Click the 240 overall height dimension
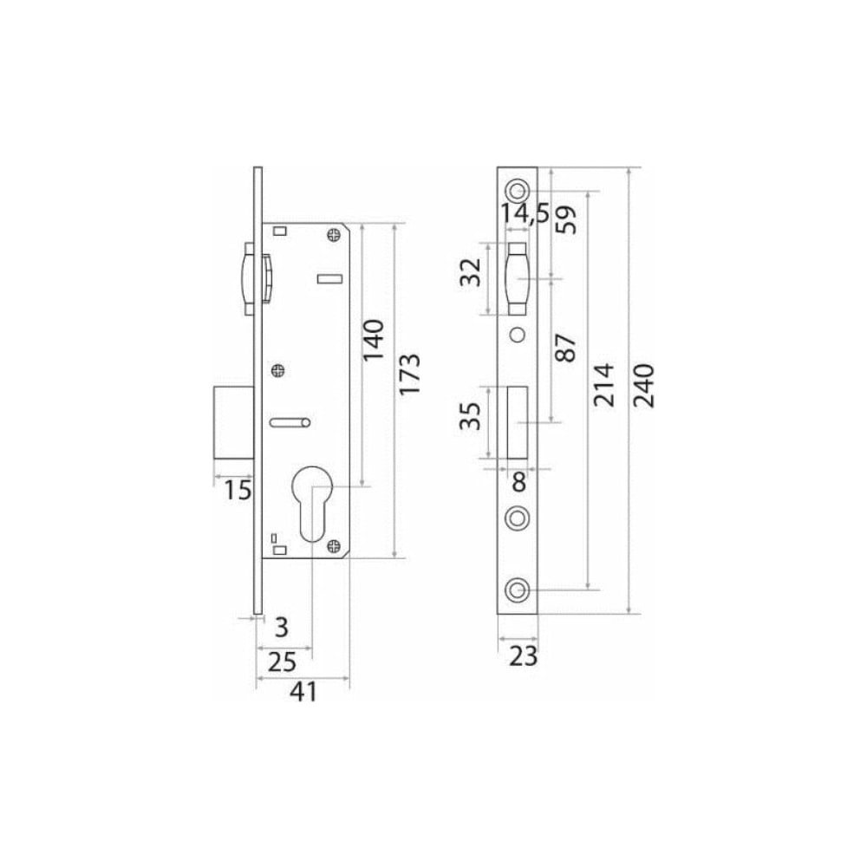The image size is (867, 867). (644, 386)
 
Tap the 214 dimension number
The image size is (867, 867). (603, 385)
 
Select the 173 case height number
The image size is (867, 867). (410, 374)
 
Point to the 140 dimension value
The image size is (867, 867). (373, 340)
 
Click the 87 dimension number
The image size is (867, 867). (565, 348)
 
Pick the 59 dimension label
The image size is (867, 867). (565, 219)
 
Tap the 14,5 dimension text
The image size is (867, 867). (525, 214)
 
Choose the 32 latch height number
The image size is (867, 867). (472, 272)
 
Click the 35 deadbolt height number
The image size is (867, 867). (471, 416)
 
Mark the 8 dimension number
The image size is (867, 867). (518, 482)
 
